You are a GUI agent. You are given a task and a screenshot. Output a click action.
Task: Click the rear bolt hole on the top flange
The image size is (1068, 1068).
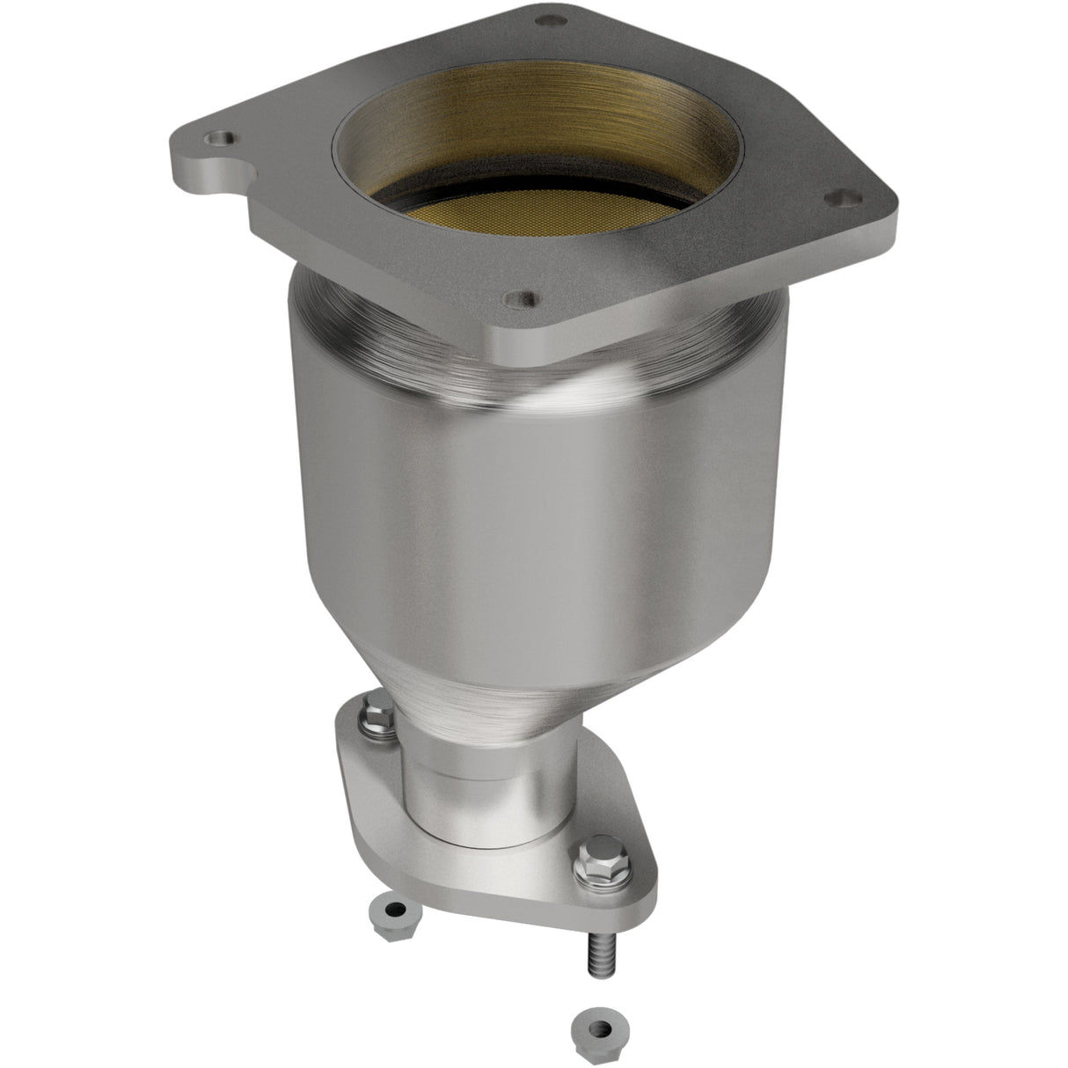pos(552,19)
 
